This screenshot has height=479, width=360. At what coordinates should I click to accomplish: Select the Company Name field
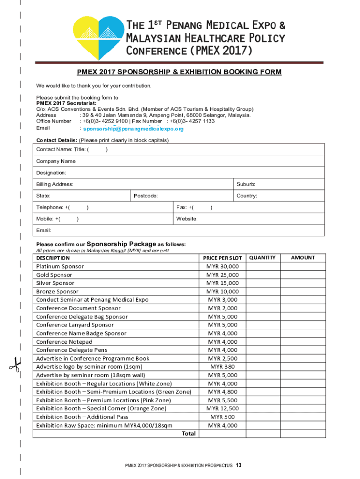[x=56, y=161]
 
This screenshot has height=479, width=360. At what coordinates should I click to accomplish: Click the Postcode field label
[x=145, y=196]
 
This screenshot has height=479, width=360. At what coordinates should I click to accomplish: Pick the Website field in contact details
[x=187, y=219]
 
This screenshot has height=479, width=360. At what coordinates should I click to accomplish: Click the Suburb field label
[x=246, y=184]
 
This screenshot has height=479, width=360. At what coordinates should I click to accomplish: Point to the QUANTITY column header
[x=262, y=258]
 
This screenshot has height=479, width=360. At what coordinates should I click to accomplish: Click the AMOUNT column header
[x=302, y=258]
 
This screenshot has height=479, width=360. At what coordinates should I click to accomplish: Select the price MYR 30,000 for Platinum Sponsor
[x=223, y=267]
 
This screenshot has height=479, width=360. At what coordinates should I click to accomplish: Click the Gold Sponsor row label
[x=54, y=275]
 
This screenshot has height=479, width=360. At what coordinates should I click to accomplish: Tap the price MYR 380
[x=223, y=367]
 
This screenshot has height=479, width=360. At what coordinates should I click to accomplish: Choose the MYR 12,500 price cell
[x=223, y=408]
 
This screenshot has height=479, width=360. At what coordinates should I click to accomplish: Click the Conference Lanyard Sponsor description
[x=75, y=325]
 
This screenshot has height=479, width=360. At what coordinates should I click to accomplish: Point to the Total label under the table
[x=188, y=434]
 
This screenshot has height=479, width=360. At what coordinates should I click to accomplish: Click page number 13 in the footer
[x=238, y=465]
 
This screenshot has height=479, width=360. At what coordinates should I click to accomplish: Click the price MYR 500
[x=223, y=417]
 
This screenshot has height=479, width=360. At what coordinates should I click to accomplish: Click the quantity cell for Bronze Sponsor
[x=262, y=291]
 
